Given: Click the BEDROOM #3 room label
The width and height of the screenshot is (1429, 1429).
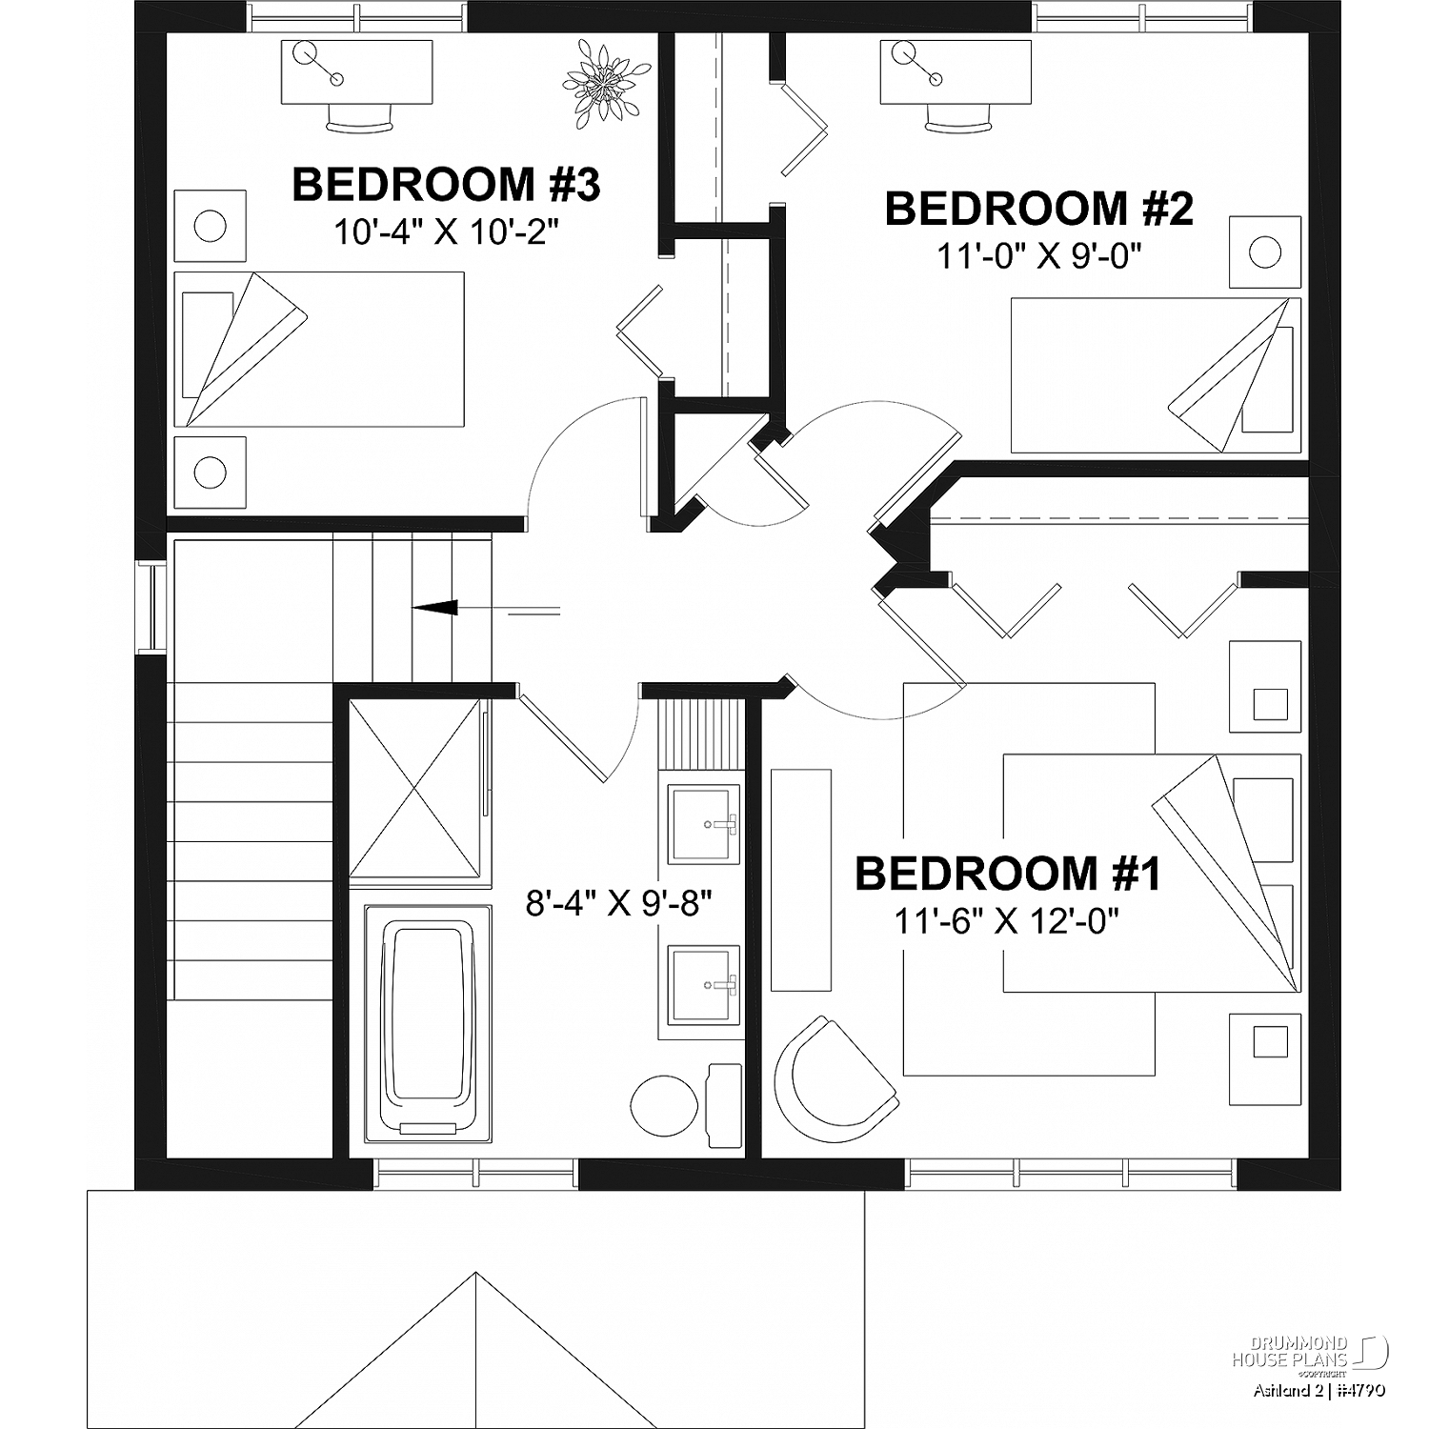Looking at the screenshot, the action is pyautogui.click(x=446, y=184).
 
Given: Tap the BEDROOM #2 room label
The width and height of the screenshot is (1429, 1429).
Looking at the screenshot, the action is pyautogui.click(x=1039, y=209).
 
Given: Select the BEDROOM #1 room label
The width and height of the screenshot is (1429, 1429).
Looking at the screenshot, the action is pyautogui.click(x=1008, y=874).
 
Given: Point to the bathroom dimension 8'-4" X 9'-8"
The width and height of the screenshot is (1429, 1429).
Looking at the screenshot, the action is pyautogui.click(x=619, y=902).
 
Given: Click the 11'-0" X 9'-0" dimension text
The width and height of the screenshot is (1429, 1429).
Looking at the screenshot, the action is pyautogui.click(x=1039, y=255).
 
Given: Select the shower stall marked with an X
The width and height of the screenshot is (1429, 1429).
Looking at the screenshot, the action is pyautogui.click(x=414, y=788).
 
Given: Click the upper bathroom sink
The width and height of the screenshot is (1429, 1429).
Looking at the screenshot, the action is pyautogui.click(x=704, y=824).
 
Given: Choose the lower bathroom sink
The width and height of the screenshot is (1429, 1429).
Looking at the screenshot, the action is pyautogui.click(x=704, y=985).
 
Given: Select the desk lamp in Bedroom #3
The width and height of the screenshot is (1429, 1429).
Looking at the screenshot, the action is pyautogui.click(x=322, y=64).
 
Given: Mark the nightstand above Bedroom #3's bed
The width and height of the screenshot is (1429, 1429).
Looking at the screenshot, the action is pyautogui.click(x=211, y=226).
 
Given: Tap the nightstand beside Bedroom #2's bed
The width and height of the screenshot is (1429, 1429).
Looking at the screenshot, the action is pyautogui.click(x=1264, y=252).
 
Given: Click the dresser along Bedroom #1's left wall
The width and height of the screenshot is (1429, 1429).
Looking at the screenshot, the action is pyautogui.click(x=800, y=880).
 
